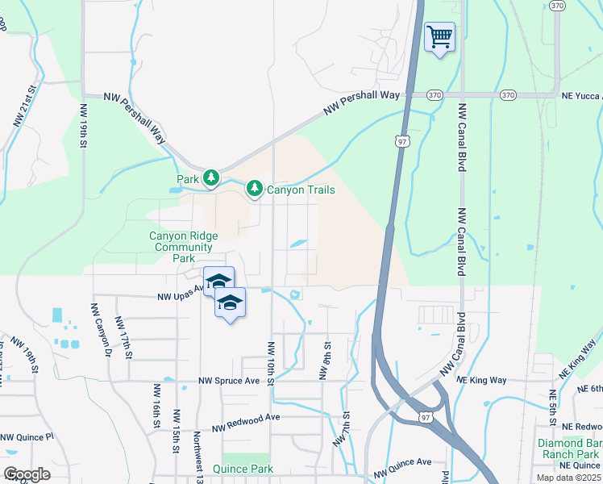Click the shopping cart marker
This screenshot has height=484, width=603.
(x=439, y=37)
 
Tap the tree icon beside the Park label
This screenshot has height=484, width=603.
(x=211, y=177)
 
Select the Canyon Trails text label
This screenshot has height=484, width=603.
(x=300, y=190)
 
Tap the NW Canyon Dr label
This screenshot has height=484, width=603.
(x=101, y=330)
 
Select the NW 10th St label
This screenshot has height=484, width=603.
(x=270, y=362)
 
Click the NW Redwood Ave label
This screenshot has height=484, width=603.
(x=246, y=423)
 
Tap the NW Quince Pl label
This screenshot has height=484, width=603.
(x=27, y=437)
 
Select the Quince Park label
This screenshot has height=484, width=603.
(x=243, y=469)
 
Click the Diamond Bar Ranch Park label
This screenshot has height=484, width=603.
(x=572, y=449)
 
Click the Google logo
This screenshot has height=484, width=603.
(x=27, y=474)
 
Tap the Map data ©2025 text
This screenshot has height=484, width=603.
(x=568, y=478)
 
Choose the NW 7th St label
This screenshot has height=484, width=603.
(x=343, y=428)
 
